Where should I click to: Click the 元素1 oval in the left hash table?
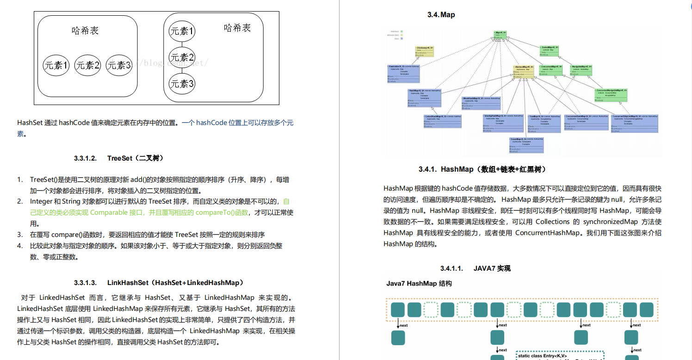coord(56,65)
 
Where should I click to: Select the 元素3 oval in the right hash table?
coord(182,84)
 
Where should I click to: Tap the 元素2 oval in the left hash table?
coord(87,65)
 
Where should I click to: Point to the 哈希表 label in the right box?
coord(237,28)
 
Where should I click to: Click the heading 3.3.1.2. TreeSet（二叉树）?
coord(118,158)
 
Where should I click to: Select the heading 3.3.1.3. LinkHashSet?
coord(159,282)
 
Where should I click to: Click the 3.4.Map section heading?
coord(441,15)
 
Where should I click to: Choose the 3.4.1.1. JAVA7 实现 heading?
coord(476,268)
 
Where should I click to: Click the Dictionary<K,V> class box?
coord(424,51)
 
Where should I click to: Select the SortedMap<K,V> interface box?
coord(550,51)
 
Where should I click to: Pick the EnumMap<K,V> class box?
coord(526,145)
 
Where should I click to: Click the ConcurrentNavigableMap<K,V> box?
coord(611,94)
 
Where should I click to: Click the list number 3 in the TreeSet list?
coord(20,235)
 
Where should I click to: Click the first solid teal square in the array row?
coord(398,310)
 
